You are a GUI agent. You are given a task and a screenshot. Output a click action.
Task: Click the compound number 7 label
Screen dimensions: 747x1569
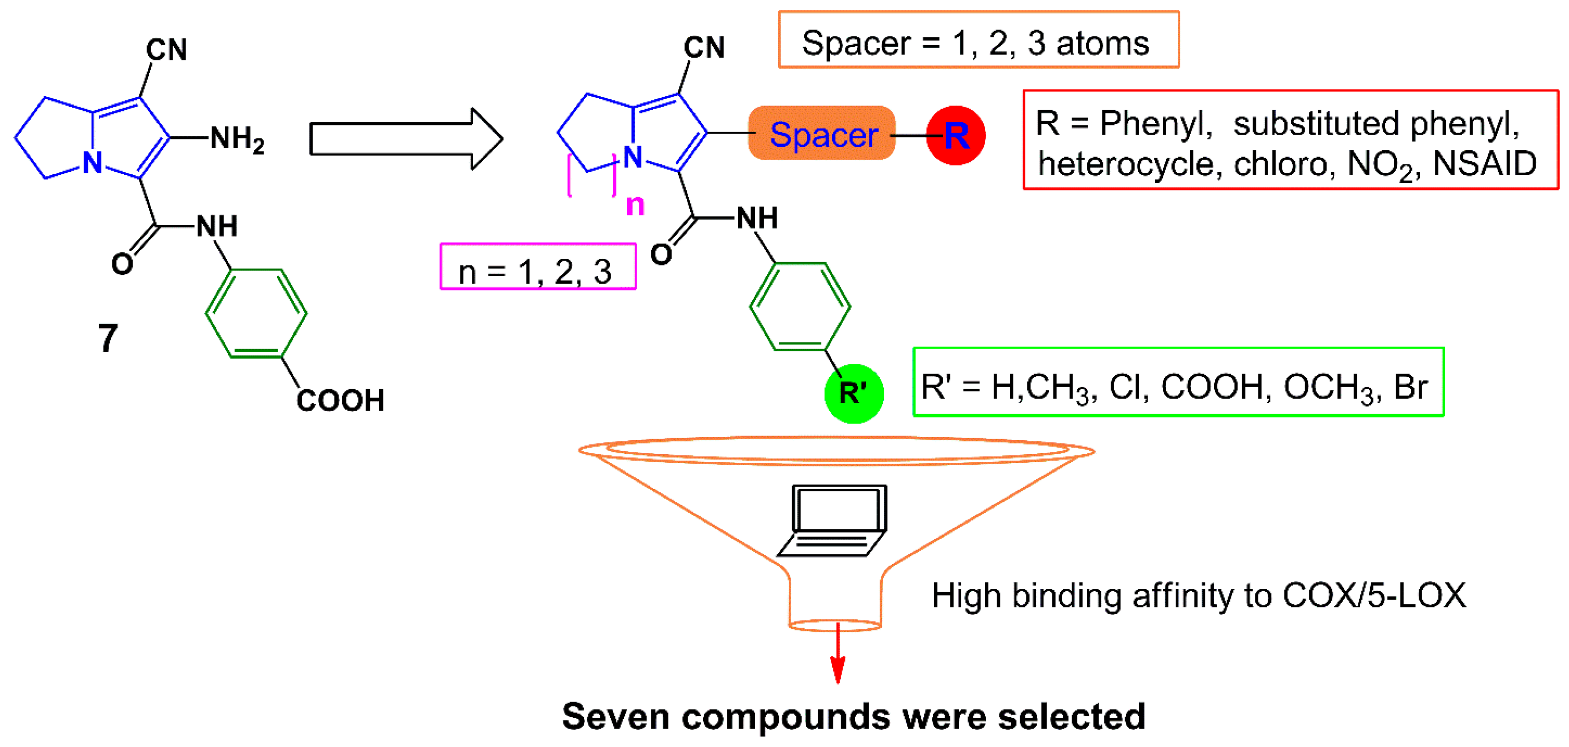(108, 338)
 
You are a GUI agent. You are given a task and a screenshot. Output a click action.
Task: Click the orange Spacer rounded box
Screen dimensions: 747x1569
(822, 133)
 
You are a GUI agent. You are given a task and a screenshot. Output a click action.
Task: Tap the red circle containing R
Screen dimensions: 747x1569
(955, 135)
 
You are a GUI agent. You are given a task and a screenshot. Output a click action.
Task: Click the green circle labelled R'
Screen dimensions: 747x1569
(853, 393)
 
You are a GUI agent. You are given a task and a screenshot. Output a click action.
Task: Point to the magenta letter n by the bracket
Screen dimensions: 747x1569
(635, 205)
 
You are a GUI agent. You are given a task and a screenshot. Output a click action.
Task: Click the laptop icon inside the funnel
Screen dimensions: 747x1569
(835, 520)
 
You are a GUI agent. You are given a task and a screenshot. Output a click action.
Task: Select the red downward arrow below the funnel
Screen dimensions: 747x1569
(838, 654)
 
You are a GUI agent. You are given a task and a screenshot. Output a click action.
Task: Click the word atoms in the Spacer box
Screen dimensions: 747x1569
(1102, 44)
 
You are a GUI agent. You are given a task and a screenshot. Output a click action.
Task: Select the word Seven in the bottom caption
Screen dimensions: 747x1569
(616, 717)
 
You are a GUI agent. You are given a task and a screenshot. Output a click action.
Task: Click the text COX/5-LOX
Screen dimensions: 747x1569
(1374, 596)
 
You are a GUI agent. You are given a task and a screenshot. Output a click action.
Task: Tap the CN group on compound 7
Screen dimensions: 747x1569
(166, 50)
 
